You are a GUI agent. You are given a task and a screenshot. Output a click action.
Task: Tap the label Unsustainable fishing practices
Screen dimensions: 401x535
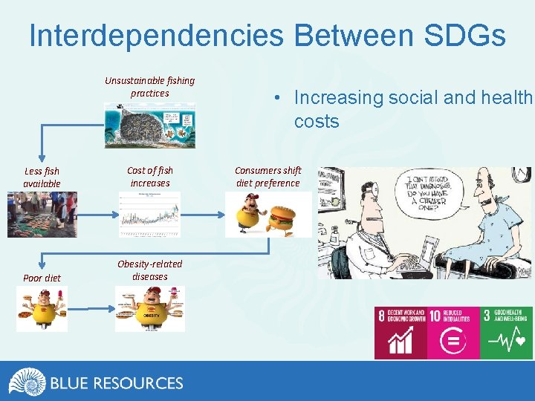pos(149,87)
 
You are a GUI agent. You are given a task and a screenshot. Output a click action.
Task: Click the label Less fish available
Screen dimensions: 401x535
pos(42,177)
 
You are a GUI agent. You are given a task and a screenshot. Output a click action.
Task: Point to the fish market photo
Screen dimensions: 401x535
pos(42,215)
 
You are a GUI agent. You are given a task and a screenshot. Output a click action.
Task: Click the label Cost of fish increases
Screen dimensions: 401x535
pos(149,177)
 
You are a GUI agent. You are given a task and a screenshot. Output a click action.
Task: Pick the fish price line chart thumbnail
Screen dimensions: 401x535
pos(149,215)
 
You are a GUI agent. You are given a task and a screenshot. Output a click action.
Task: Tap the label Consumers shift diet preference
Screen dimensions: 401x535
pos(268,177)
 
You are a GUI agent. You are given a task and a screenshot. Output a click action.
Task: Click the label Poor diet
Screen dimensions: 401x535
pos(42,278)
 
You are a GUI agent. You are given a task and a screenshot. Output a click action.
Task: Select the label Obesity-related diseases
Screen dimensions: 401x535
pos(149,270)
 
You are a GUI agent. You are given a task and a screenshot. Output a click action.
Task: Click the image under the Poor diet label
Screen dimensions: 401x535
pos(42,308)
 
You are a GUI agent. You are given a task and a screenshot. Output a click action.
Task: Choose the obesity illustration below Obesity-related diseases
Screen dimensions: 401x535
pos(149,308)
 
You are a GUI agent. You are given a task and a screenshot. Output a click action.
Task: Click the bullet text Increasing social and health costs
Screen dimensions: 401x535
pos(412,109)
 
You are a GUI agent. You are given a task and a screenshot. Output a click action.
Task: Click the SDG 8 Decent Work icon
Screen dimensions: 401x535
pos(401,332)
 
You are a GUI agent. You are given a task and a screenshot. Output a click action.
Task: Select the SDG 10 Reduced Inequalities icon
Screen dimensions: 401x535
pos(453,332)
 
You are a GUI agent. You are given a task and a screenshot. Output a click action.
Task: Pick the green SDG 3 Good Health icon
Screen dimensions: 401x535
pos(506,332)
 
